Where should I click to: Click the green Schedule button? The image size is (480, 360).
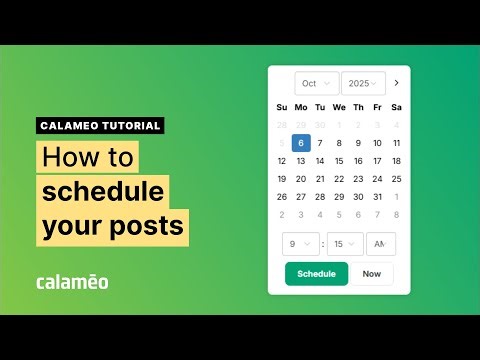click(x=316, y=273)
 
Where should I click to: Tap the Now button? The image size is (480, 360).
click(x=372, y=273)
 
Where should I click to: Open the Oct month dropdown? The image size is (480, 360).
click(x=316, y=83)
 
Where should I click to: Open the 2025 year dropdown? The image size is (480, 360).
click(x=363, y=83)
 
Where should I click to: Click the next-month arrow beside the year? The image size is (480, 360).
click(x=397, y=83)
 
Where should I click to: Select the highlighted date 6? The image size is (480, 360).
click(x=301, y=143)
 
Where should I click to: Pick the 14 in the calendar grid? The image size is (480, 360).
click(x=320, y=161)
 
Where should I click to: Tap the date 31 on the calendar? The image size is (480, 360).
click(x=377, y=197)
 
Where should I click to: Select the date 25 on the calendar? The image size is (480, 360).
click(x=396, y=179)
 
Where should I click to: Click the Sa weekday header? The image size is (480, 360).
click(x=396, y=107)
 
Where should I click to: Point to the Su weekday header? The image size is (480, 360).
click(x=282, y=107)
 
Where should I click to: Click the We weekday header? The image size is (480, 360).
click(x=339, y=107)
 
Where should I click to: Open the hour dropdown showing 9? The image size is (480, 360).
click(x=300, y=244)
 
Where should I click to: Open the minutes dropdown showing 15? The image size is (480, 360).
click(x=345, y=244)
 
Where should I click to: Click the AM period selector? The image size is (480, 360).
click(x=381, y=244)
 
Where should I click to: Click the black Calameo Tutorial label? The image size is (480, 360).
click(x=100, y=126)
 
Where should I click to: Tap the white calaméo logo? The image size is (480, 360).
click(x=72, y=281)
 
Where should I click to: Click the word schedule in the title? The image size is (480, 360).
click(x=105, y=191)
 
